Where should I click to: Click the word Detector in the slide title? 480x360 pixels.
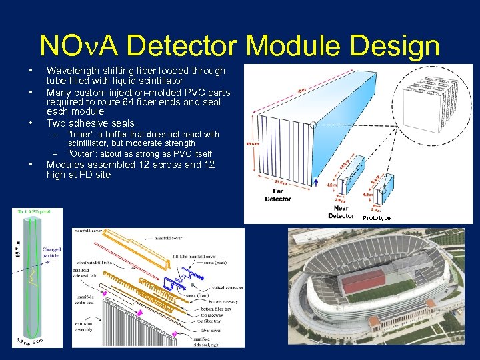point(175,46)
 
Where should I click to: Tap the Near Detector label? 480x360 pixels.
point(341,211)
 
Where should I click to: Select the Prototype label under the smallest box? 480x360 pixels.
point(377,218)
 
